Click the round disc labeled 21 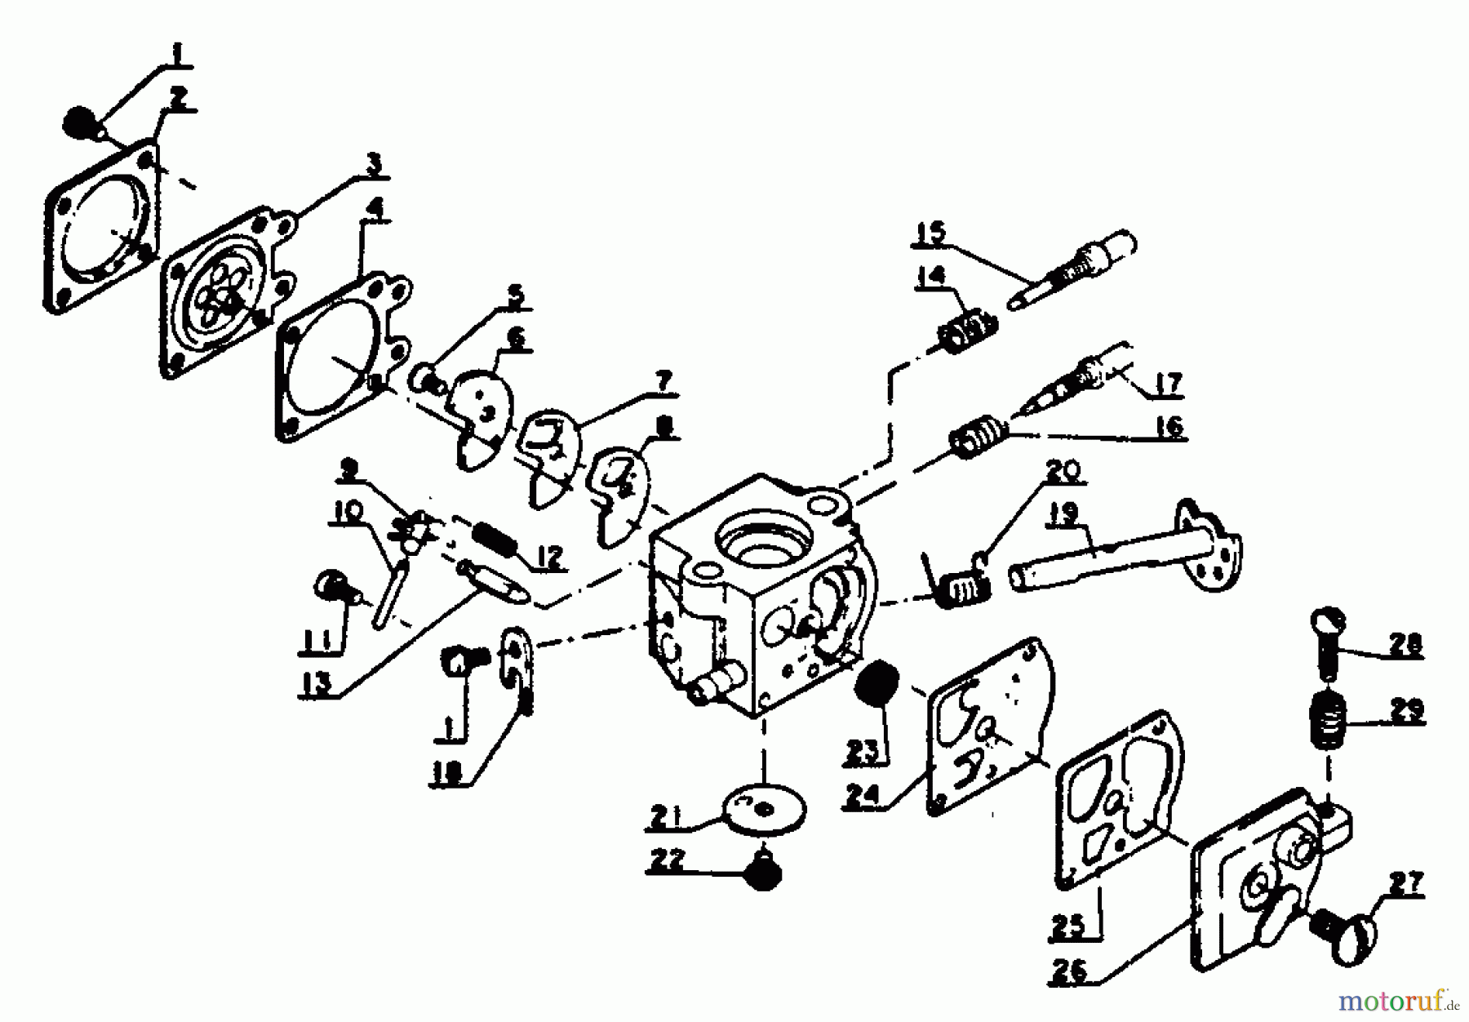click(x=765, y=808)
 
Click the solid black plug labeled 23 click(x=877, y=685)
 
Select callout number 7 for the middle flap click(x=663, y=380)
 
